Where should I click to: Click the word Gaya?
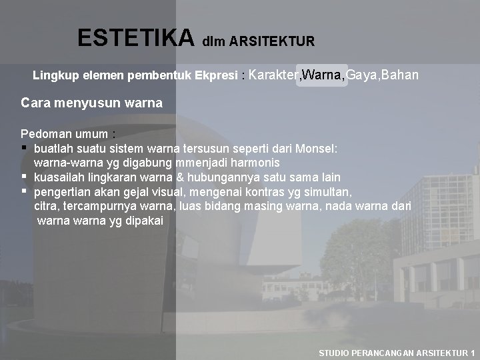click(x=365, y=75)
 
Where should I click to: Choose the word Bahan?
click(x=402, y=75)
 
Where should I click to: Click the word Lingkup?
click(x=55, y=76)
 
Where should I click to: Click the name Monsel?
click(x=321, y=148)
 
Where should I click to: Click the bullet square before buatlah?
click(x=25, y=148)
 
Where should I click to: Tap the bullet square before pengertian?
click(x=25, y=192)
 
